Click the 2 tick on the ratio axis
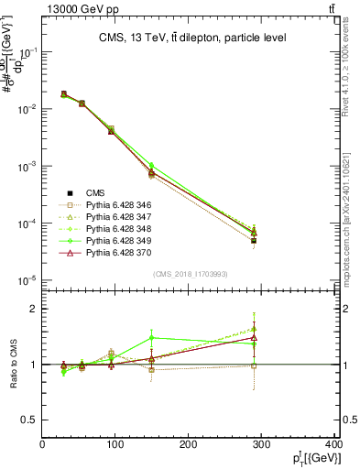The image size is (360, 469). [x=34, y=309]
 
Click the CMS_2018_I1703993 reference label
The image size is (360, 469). [x=190, y=274]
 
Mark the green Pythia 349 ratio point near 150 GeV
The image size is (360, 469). [x=152, y=338]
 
